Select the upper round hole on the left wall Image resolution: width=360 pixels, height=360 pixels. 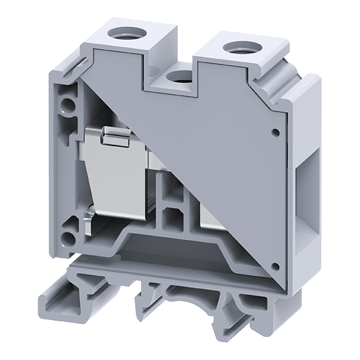(64, 104)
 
